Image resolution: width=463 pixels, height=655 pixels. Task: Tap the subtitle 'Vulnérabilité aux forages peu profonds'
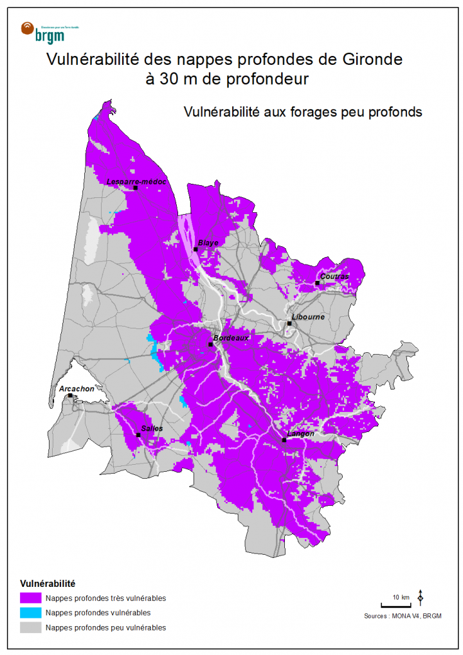302,112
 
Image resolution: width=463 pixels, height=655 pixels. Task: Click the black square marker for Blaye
195,249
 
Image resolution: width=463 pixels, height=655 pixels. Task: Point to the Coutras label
334,276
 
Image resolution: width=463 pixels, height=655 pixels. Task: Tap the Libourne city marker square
290,323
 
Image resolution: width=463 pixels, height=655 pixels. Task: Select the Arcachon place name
77,389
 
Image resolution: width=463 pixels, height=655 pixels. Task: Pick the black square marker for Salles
138,435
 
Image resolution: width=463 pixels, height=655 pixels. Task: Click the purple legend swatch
30,598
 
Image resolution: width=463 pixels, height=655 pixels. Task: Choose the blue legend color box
30,613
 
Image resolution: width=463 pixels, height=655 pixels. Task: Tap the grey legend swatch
30,627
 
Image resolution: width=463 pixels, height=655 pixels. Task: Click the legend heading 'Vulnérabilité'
48,584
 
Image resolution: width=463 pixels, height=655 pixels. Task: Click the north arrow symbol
421,597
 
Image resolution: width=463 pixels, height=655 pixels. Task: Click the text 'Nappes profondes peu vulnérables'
105,627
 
